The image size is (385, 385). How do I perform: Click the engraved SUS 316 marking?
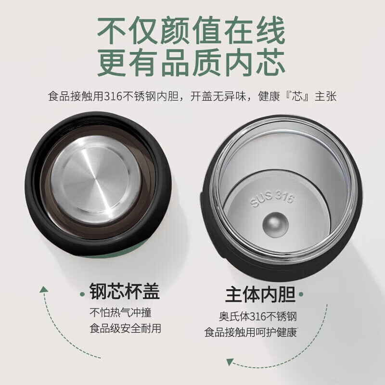(272, 199)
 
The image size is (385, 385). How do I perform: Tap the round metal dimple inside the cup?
(275, 225)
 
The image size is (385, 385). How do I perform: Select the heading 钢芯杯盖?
(125, 291)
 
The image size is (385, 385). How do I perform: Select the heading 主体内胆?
(260, 294)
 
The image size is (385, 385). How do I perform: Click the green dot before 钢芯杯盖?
(82, 294)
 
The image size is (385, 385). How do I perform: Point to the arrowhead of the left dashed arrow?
(44, 289)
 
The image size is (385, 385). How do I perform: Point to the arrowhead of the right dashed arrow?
(230, 362)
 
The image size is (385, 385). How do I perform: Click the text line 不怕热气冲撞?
(120, 312)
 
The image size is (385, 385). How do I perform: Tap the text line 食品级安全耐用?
(125, 328)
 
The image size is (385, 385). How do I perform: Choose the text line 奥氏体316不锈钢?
(258, 317)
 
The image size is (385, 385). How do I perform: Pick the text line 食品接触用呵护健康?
(251, 332)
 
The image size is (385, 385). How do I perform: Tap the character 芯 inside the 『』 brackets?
(297, 96)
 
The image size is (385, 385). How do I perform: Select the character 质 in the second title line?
(206, 63)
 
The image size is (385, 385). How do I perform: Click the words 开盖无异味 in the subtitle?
(218, 96)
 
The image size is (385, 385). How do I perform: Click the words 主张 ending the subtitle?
(325, 96)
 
